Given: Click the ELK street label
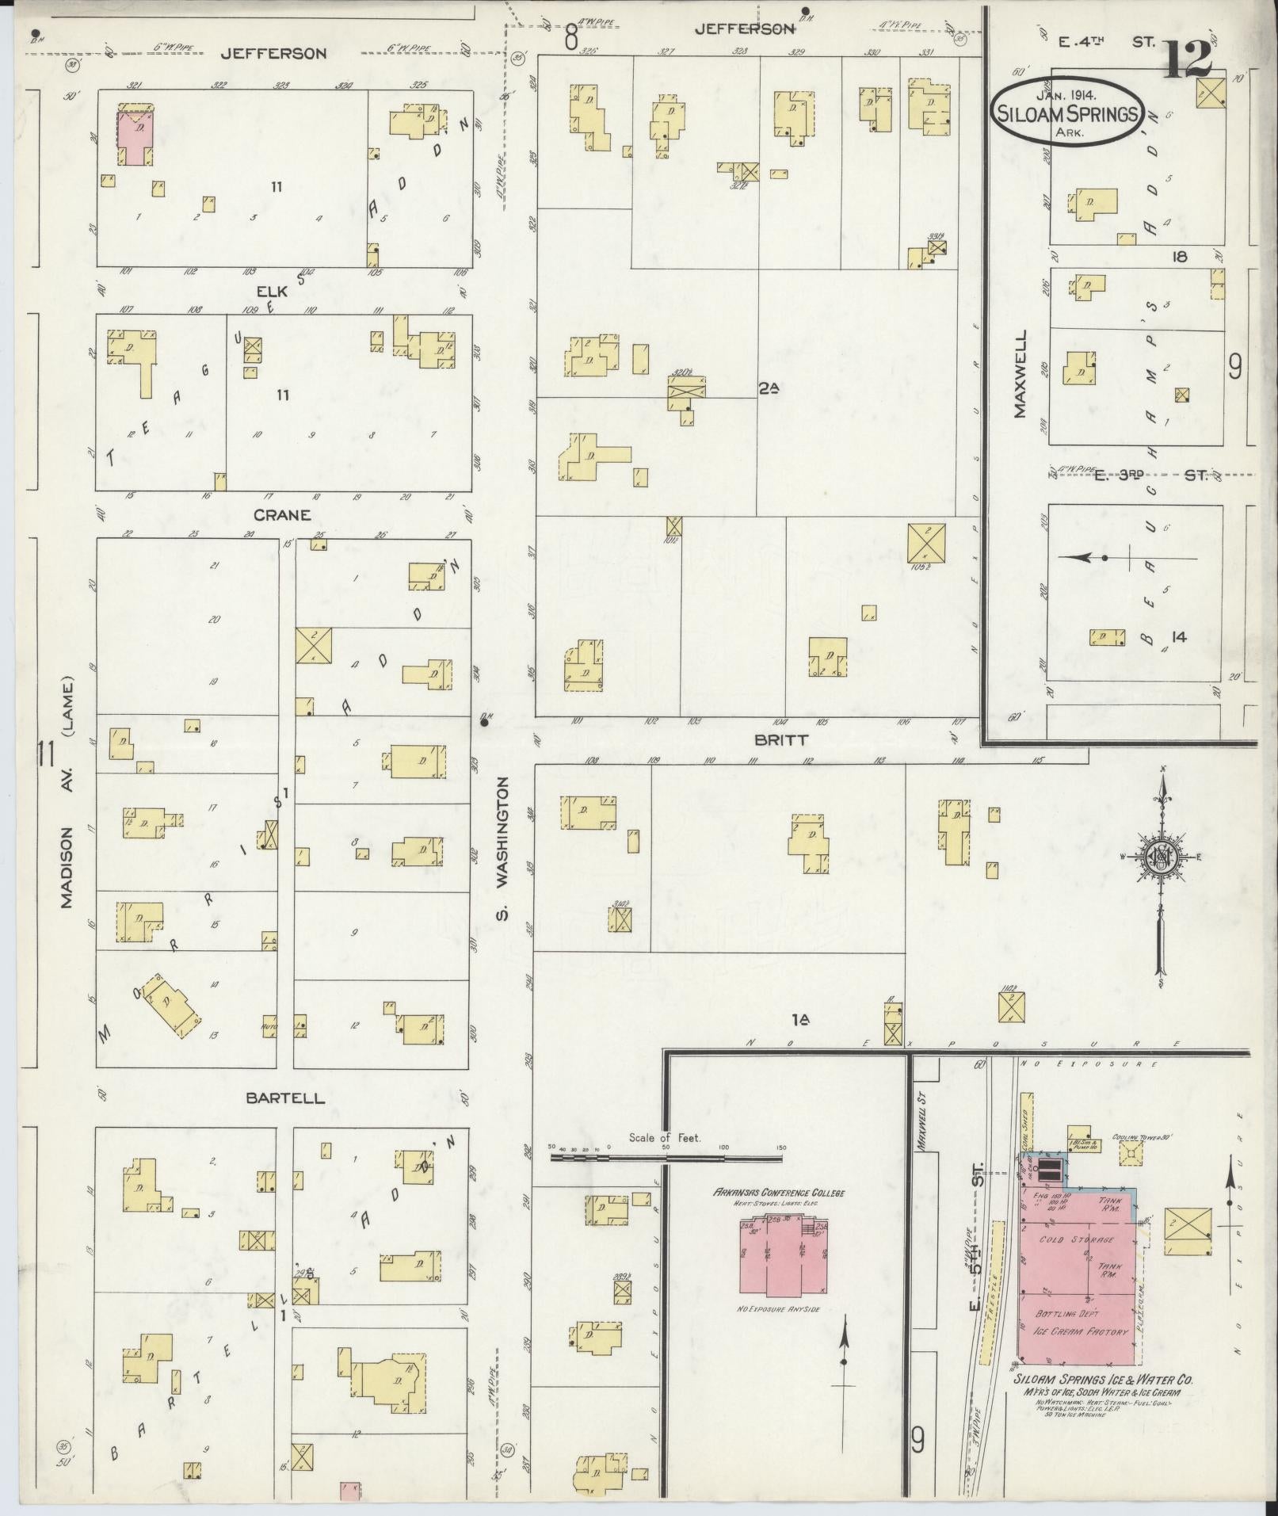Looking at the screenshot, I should [x=277, y=291].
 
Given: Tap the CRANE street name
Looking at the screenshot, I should [x=281, y=515].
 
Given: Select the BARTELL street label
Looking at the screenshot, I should [x=273, y=1098].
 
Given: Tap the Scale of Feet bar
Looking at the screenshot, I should [x=666, y=1157].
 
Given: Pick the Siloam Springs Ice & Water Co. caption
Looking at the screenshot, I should [x=1104, y=1380].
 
